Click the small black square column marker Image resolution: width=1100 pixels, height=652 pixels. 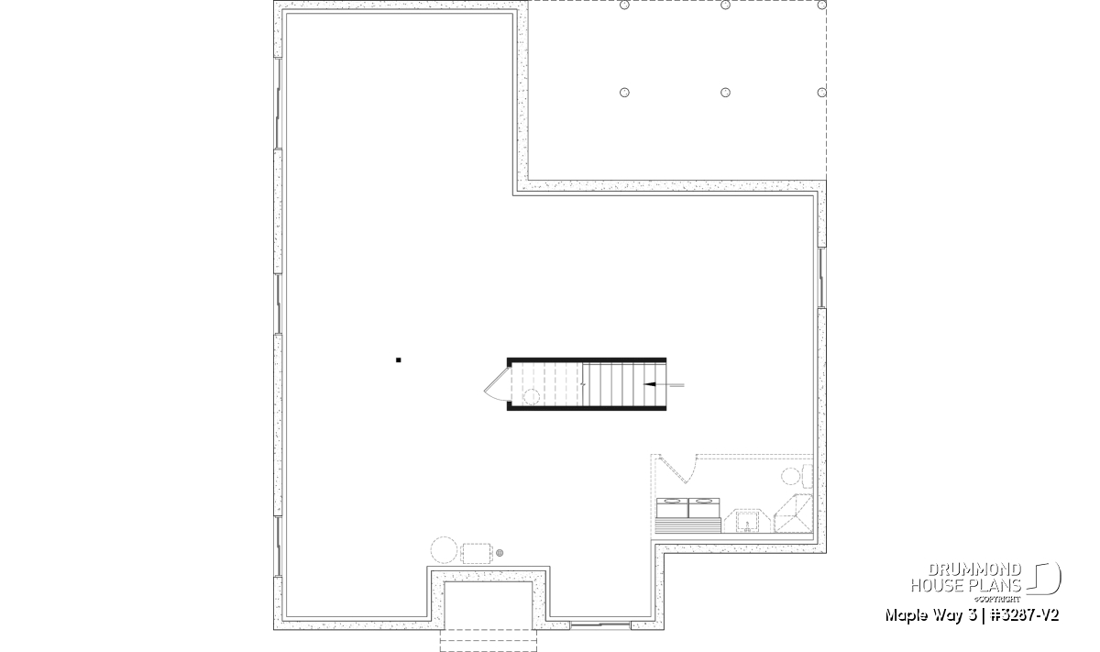398,360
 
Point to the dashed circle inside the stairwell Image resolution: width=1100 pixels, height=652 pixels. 532,397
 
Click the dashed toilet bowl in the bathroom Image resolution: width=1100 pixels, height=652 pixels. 790,477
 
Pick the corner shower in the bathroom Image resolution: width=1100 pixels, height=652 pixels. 793,514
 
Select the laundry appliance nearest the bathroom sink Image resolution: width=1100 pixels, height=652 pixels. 704,507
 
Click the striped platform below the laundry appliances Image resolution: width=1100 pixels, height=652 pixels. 688,525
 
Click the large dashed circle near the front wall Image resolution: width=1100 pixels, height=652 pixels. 444,550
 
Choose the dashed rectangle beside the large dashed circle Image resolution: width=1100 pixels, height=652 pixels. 477,553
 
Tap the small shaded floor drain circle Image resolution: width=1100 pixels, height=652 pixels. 500,553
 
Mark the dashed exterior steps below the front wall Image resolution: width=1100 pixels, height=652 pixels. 488,640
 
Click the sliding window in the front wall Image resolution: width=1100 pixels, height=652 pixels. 600,625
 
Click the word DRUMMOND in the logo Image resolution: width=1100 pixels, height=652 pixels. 974,569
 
